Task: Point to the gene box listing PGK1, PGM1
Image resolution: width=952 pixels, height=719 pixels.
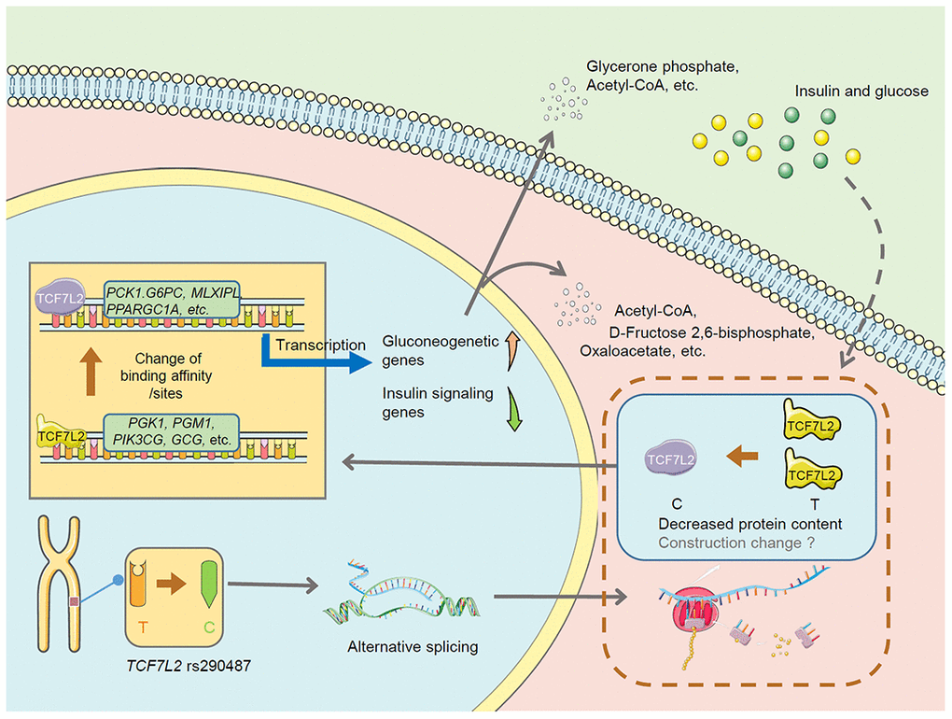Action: point(172,432)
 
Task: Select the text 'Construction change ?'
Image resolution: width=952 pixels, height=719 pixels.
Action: point(729,542)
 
